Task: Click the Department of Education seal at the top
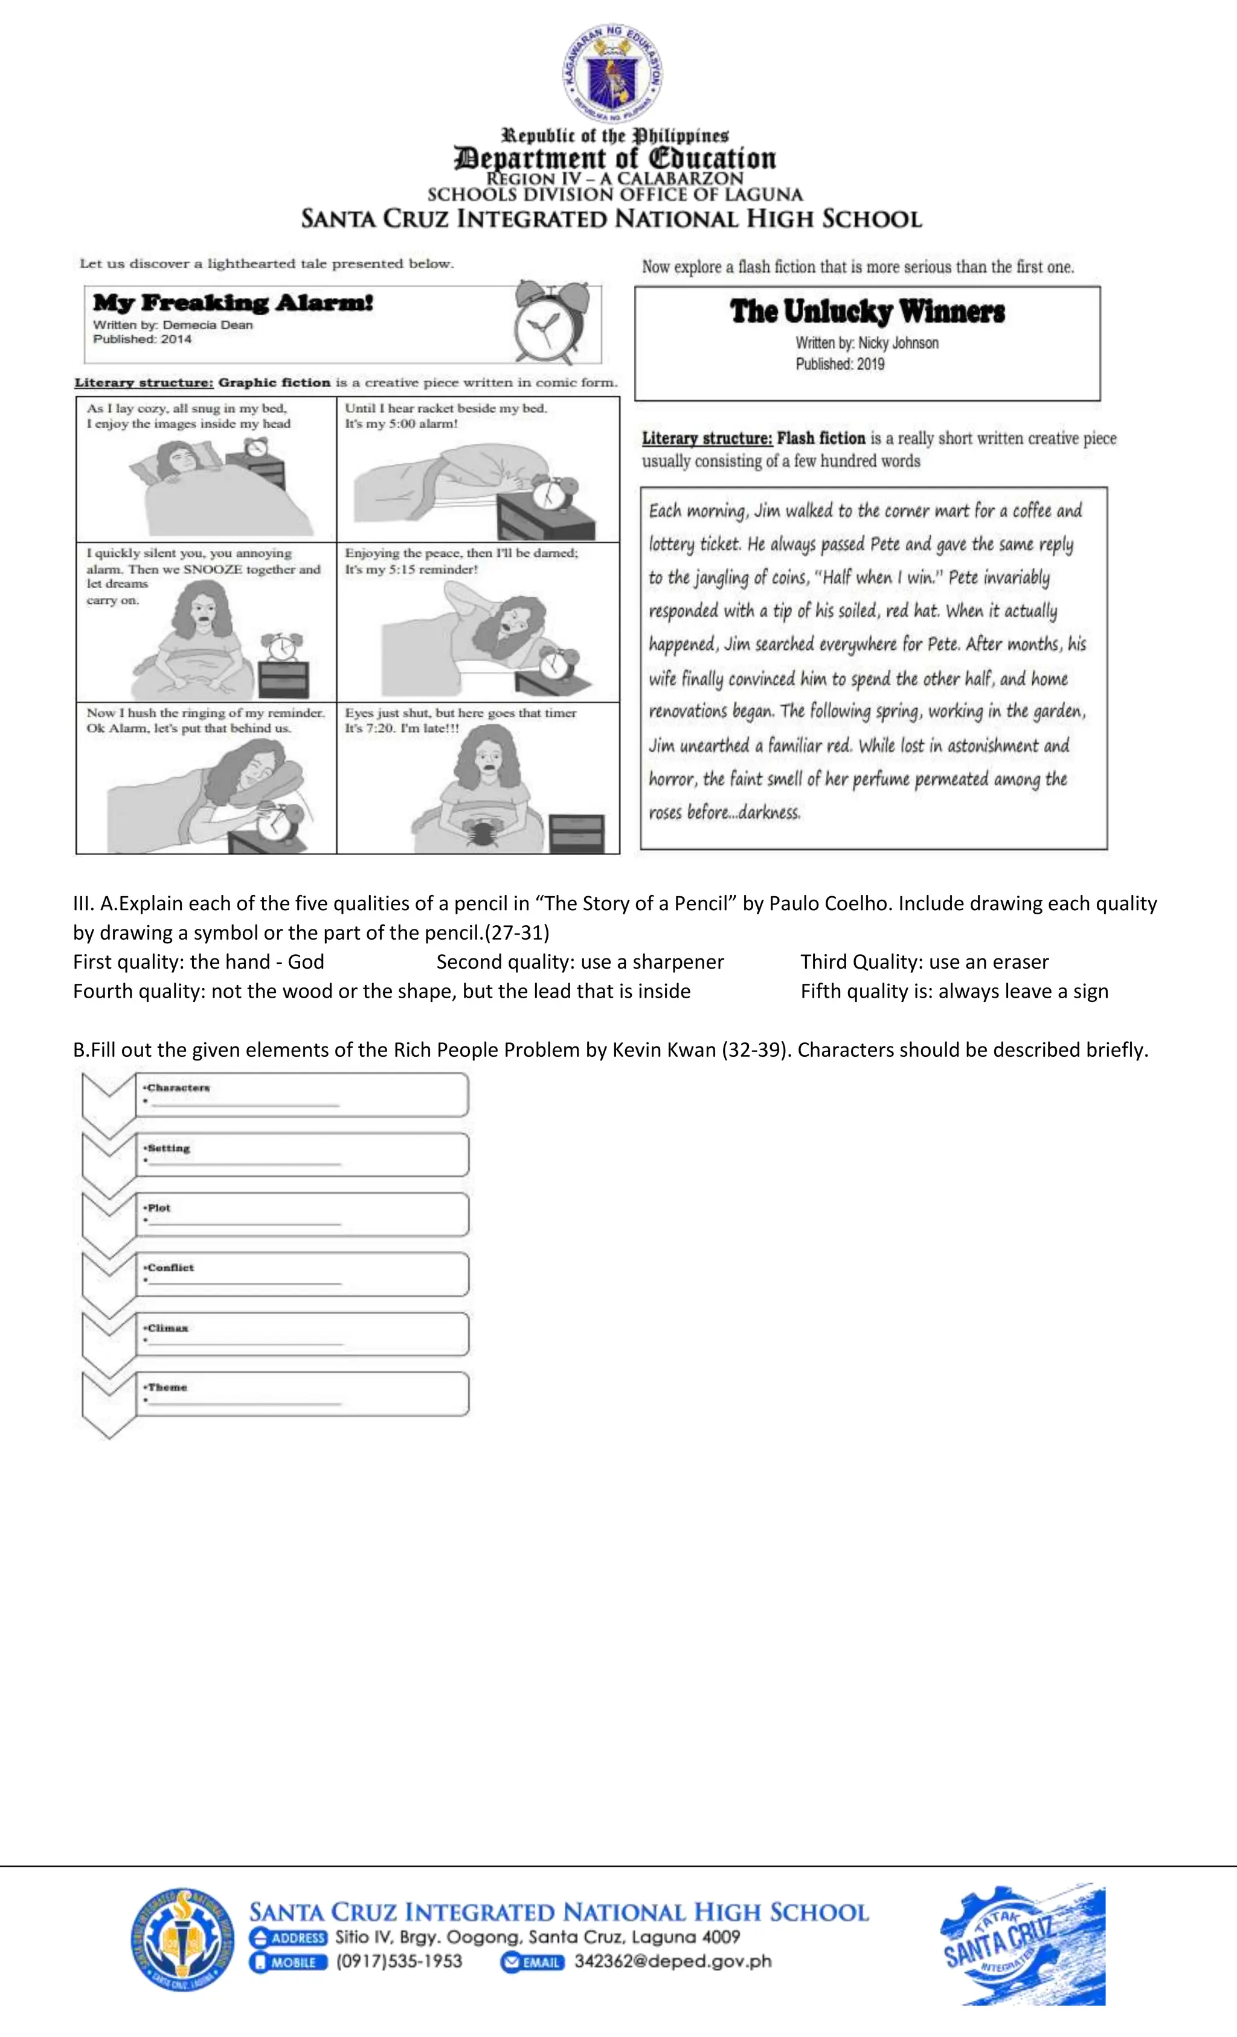pyautogui.click(x=612, y=74)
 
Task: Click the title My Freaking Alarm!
pyautogui.click(x=233, y=303)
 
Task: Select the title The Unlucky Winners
pyautogui.click(x=867, y=312)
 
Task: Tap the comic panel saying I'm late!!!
pyautogui.click(x=478, y=778)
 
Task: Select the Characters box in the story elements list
pyautogui.click(x=302, y=1094)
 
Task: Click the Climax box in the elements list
pyautogui.click(x=302, y=1334)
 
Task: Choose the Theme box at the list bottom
pyautogui.click(x=302, y=1394)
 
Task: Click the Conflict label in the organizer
pyautogui.click(x=170, y=1268)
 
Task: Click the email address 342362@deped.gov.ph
pyautogui.click(x=672, y=1962)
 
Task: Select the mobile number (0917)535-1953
pyautogui.click(x=399, y=1962)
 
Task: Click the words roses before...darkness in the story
pyautogui.click(x=724, y=813)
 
